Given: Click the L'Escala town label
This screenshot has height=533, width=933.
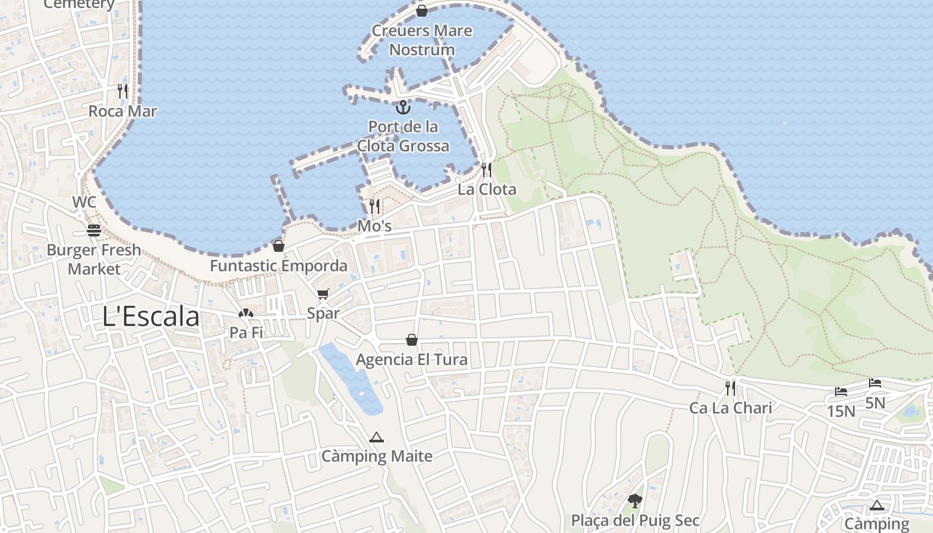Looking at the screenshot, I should coord(151,316).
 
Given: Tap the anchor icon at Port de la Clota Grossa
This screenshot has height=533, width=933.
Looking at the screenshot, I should coord(403,107).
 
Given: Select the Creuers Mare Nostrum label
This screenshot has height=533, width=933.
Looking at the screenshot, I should coord(422,40).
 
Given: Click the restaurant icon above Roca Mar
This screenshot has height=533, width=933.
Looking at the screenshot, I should coord(123,91).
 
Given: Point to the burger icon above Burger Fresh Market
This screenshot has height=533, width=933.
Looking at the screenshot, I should coord(94,231).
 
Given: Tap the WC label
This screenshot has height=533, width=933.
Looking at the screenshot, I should coord(85,202).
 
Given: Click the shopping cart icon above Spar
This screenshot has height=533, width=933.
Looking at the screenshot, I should coord(323,294).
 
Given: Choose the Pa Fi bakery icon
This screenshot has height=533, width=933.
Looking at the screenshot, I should coord(246,313).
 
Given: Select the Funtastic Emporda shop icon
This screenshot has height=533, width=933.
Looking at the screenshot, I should coord(279,246).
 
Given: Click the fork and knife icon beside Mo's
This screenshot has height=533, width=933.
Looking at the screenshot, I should coord(375,206).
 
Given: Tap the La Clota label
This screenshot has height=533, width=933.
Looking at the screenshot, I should coord(486,189).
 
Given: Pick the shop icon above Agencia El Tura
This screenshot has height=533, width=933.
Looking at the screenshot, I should coord(412,340).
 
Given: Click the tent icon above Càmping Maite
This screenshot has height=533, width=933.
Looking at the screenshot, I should coord(377,437).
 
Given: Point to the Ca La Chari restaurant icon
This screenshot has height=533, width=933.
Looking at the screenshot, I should coord(730,388).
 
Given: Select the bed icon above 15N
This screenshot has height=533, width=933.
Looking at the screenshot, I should coord(841,392).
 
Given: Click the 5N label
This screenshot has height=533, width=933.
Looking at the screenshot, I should coord(875,403).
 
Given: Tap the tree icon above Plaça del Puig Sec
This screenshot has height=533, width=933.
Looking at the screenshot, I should coord(635,500).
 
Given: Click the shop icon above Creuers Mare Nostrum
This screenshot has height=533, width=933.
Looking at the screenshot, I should coord(422,11).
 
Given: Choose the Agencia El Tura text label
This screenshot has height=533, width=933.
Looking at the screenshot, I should coord(412,360).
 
